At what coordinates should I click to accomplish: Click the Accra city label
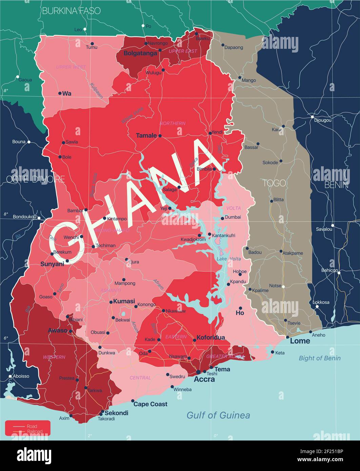pyautogui.click(x=204, y=379)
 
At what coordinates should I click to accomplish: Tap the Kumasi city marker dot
pyautogui.click(x=111, y=302)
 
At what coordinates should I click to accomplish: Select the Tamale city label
pyautogui.click(x=146, y=136)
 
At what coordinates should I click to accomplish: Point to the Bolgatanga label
pyautogui.click(x=140, y=53)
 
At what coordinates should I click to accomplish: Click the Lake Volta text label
pyautogui.click(x=229, y=259)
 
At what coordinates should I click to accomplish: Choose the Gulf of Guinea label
pyautogui.click(x=218, y=415)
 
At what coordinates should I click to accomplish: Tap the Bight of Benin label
pyautogui.click(x=319, y=358)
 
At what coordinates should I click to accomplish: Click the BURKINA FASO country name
pyautogui.click(x=71, y=11)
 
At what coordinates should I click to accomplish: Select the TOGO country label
pyautogui.click(x=274, y=183)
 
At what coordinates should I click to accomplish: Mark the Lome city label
pyautogui.click(x=300, y=341)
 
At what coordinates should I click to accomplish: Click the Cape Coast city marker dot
pyautogui.click(x=133, y=401)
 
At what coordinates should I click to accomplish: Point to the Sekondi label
pyautogui.click(x=116, y=413)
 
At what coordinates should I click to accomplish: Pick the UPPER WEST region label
pyautogui.click(x=71, y=67)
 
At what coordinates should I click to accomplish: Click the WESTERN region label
pyautogui.click(x=54, y=357)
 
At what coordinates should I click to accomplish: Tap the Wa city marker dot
pyautogui.click(x=60, y=93)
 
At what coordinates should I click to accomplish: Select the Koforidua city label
pyautogui.click(x=211, y=337)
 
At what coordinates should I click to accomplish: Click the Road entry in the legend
pyautogui.click(x=33, y=426)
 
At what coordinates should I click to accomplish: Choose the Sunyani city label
pyautogui.click(x=52, y=264)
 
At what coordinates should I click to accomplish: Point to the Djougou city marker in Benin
pyautogui.click(x=312, y=117)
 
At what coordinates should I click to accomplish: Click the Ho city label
pyautogui.click(x=240, y=313)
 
